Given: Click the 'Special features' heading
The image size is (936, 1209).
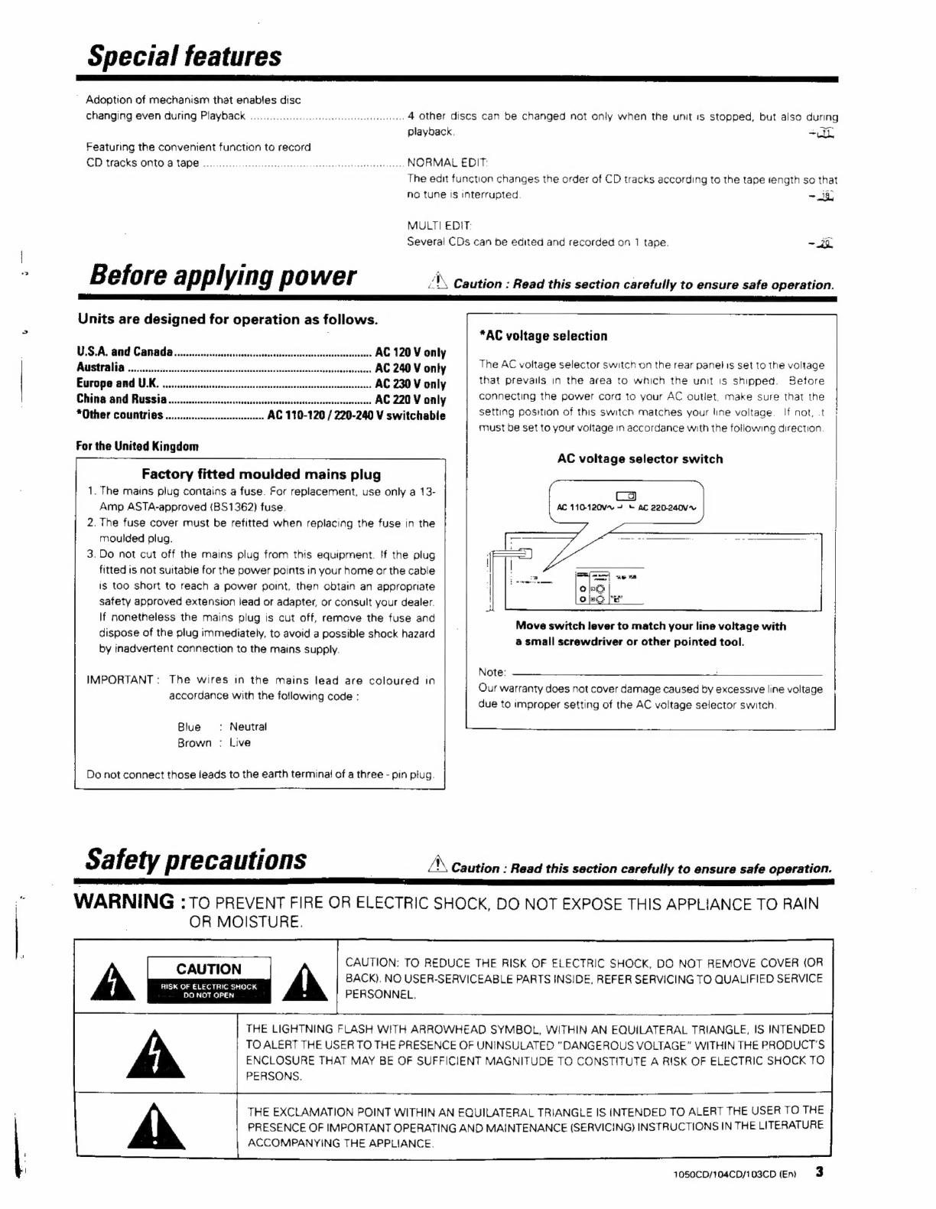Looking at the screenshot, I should point(184,56).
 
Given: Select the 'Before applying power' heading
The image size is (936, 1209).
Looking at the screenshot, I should point(223,275).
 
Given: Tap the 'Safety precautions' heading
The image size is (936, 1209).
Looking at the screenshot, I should point(196,859).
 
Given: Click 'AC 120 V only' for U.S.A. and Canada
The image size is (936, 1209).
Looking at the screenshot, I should point(411,353).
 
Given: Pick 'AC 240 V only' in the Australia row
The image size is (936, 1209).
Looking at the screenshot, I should point(411,368).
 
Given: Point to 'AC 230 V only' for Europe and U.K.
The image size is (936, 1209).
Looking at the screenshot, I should point(411,384).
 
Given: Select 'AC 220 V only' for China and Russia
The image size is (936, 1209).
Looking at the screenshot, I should point(411,399).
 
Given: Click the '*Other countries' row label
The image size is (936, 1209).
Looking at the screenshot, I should point(120,415).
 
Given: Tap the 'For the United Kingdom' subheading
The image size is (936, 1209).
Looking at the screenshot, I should point(138,446).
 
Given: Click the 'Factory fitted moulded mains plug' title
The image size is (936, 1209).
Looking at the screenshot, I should point(261,474).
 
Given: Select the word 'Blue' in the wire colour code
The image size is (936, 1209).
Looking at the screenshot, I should point(189,727).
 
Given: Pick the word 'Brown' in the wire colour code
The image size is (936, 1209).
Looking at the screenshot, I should point(194,742).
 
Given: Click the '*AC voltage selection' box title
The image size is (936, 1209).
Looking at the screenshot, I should point(543,336).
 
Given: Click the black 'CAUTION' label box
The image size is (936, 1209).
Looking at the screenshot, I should point(209,979).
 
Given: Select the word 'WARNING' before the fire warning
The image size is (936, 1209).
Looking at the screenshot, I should point(124,902).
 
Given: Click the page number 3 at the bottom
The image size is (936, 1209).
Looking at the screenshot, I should point(820,1172).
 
